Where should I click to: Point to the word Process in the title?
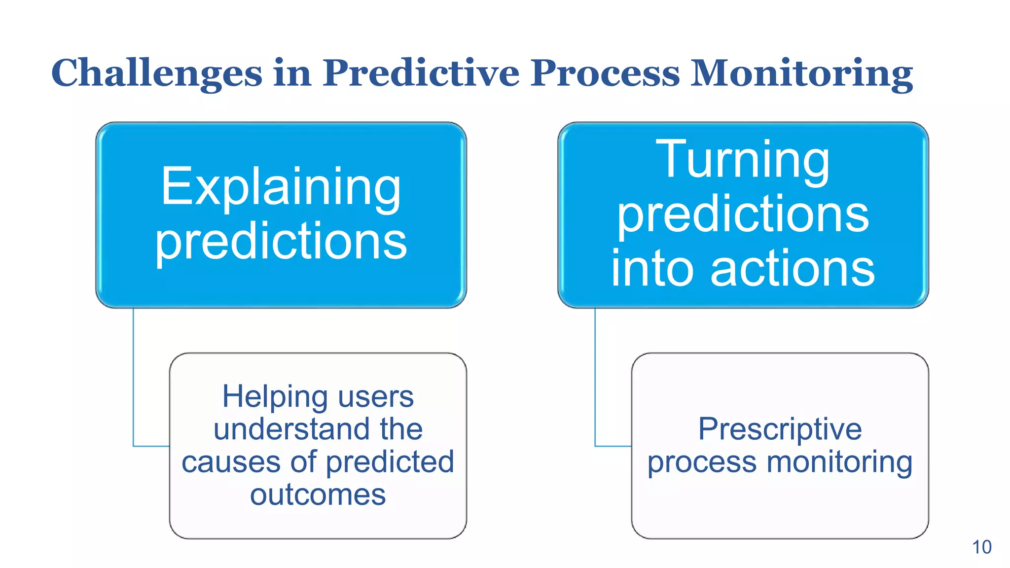[605, 73]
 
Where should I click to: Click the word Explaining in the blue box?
[281, 188]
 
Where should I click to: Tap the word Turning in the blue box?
[743, 160]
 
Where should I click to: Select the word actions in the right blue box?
[793, 269]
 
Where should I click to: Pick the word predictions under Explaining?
[281, 242]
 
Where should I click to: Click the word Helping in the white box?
[275, 396]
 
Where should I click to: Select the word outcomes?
[318, 495]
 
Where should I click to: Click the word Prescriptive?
[780, 429]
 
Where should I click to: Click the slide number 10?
[981, 547]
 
